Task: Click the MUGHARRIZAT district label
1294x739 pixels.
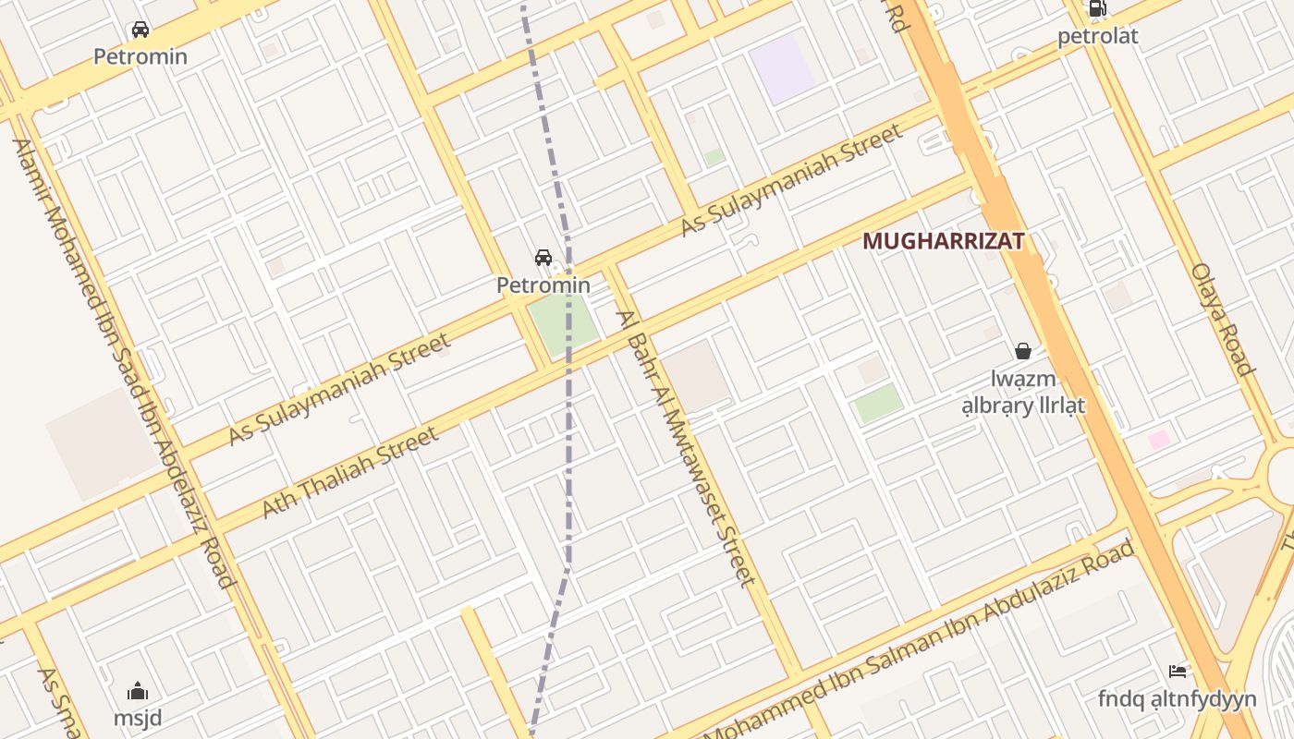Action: tap(943, 241)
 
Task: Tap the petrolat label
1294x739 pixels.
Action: tap(1097, 37)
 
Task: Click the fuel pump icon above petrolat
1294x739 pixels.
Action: tap(1097, 9)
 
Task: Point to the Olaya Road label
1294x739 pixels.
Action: tap(1222, 319)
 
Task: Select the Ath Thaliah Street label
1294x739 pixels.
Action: tap(349, 472)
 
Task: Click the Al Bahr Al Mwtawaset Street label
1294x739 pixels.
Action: tap(687, 448)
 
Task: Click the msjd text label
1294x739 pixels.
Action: tap(138, 718)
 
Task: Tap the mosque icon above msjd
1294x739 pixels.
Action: tap(138, 691)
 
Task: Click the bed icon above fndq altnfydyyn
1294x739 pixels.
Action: tap(1177, 672)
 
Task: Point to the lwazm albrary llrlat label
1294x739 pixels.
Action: tap(1023, 393)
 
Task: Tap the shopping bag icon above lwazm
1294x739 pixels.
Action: tap(1023, 351)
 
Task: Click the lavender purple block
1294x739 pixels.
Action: tap(783, 68)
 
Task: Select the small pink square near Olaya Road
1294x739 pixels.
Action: tap(1159, 440)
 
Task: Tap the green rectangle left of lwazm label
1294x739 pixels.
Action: tap(877, 404)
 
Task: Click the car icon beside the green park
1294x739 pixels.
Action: tap(543, 258)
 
